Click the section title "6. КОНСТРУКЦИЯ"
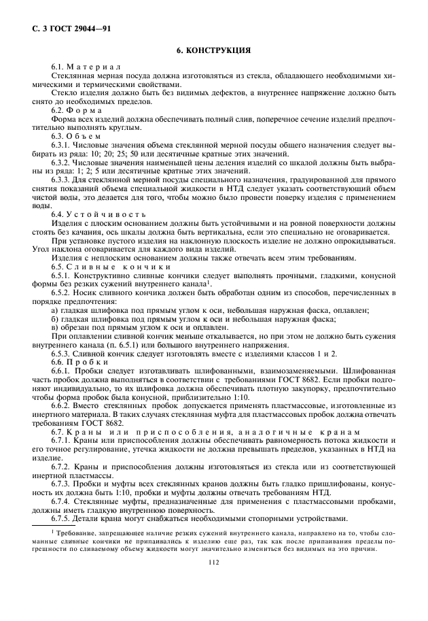pos(214,50)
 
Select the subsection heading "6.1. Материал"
pos(86,66)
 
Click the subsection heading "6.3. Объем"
pos(77,135)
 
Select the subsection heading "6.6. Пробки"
pos(78,362)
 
